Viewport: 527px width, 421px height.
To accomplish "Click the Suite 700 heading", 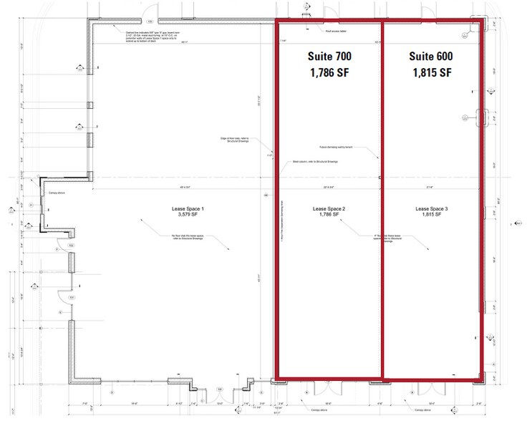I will [329, 56].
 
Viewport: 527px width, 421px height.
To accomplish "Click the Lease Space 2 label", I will [329, 208].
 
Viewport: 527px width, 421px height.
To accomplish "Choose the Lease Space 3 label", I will [432, 208].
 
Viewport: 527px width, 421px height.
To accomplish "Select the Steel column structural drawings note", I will [316, 162].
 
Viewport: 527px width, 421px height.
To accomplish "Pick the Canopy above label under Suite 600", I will [421, 410].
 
